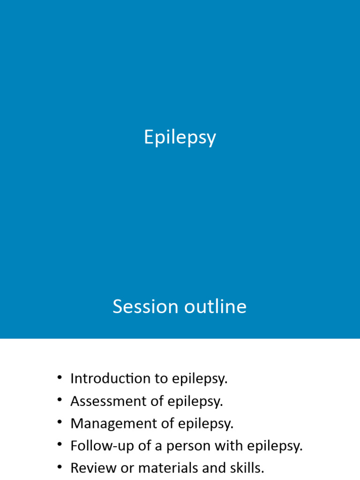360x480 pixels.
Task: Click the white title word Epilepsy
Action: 180,138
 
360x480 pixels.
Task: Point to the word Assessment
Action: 105,401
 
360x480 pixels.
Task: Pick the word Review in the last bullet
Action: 91,468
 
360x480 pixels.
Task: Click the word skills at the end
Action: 247,468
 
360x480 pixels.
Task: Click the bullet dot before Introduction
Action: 60,377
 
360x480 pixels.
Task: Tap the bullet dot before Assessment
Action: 60,400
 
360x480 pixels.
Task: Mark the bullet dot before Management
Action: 60,422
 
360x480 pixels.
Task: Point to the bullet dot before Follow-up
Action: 60,445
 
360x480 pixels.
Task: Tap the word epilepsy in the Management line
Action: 209,424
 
